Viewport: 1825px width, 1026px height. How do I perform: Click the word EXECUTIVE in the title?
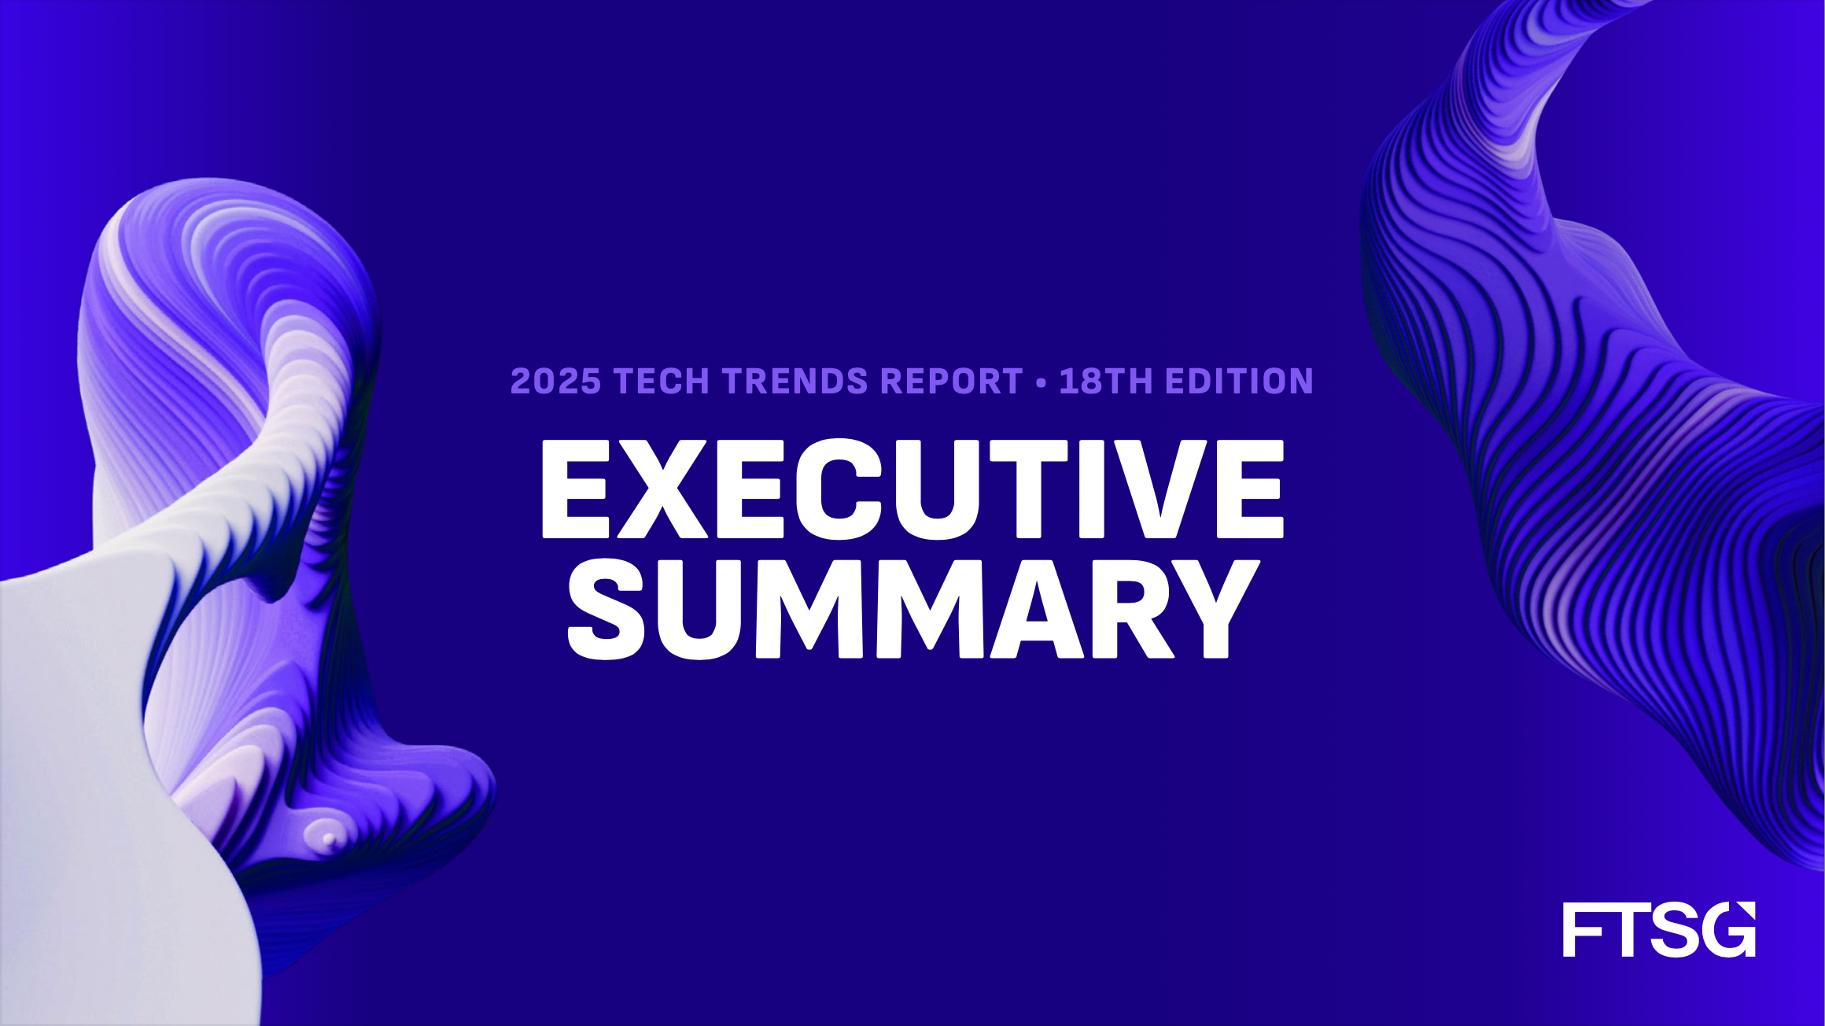coord(912,489)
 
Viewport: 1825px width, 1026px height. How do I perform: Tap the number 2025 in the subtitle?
coord(555,381)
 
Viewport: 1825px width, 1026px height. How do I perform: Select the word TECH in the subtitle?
coord(662,381)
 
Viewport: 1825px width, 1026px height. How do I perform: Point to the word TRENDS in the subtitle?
coord(795,381)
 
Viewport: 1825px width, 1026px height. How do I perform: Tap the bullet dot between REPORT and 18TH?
coord(1042,382)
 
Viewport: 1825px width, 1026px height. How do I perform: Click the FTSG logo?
coord(1659,929)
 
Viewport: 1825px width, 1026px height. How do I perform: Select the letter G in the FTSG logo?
coord(1727,929)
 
